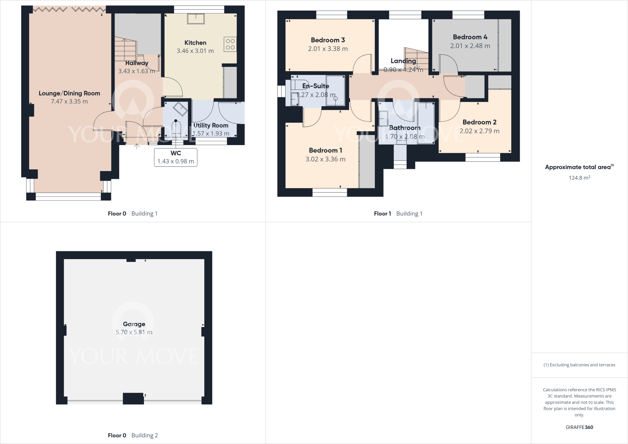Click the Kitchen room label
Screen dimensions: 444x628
195,43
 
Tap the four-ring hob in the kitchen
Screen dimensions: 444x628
230,44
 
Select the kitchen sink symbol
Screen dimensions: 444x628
196,19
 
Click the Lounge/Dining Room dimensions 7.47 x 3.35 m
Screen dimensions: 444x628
69,101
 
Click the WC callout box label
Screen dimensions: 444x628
176,153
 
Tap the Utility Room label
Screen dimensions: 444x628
211,125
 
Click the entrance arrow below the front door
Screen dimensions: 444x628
137,147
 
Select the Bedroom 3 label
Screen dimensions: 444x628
328,40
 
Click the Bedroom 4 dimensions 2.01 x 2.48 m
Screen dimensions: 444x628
470,46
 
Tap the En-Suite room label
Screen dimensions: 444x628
316,86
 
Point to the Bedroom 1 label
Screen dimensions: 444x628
325,151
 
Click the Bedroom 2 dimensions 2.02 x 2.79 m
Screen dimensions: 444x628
479,131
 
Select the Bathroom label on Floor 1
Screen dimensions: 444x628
404,128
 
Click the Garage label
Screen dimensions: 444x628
134,324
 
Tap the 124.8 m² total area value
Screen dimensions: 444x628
579,178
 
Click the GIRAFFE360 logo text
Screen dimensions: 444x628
579,427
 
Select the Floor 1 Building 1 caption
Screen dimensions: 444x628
398,214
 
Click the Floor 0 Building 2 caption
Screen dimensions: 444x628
133,435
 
